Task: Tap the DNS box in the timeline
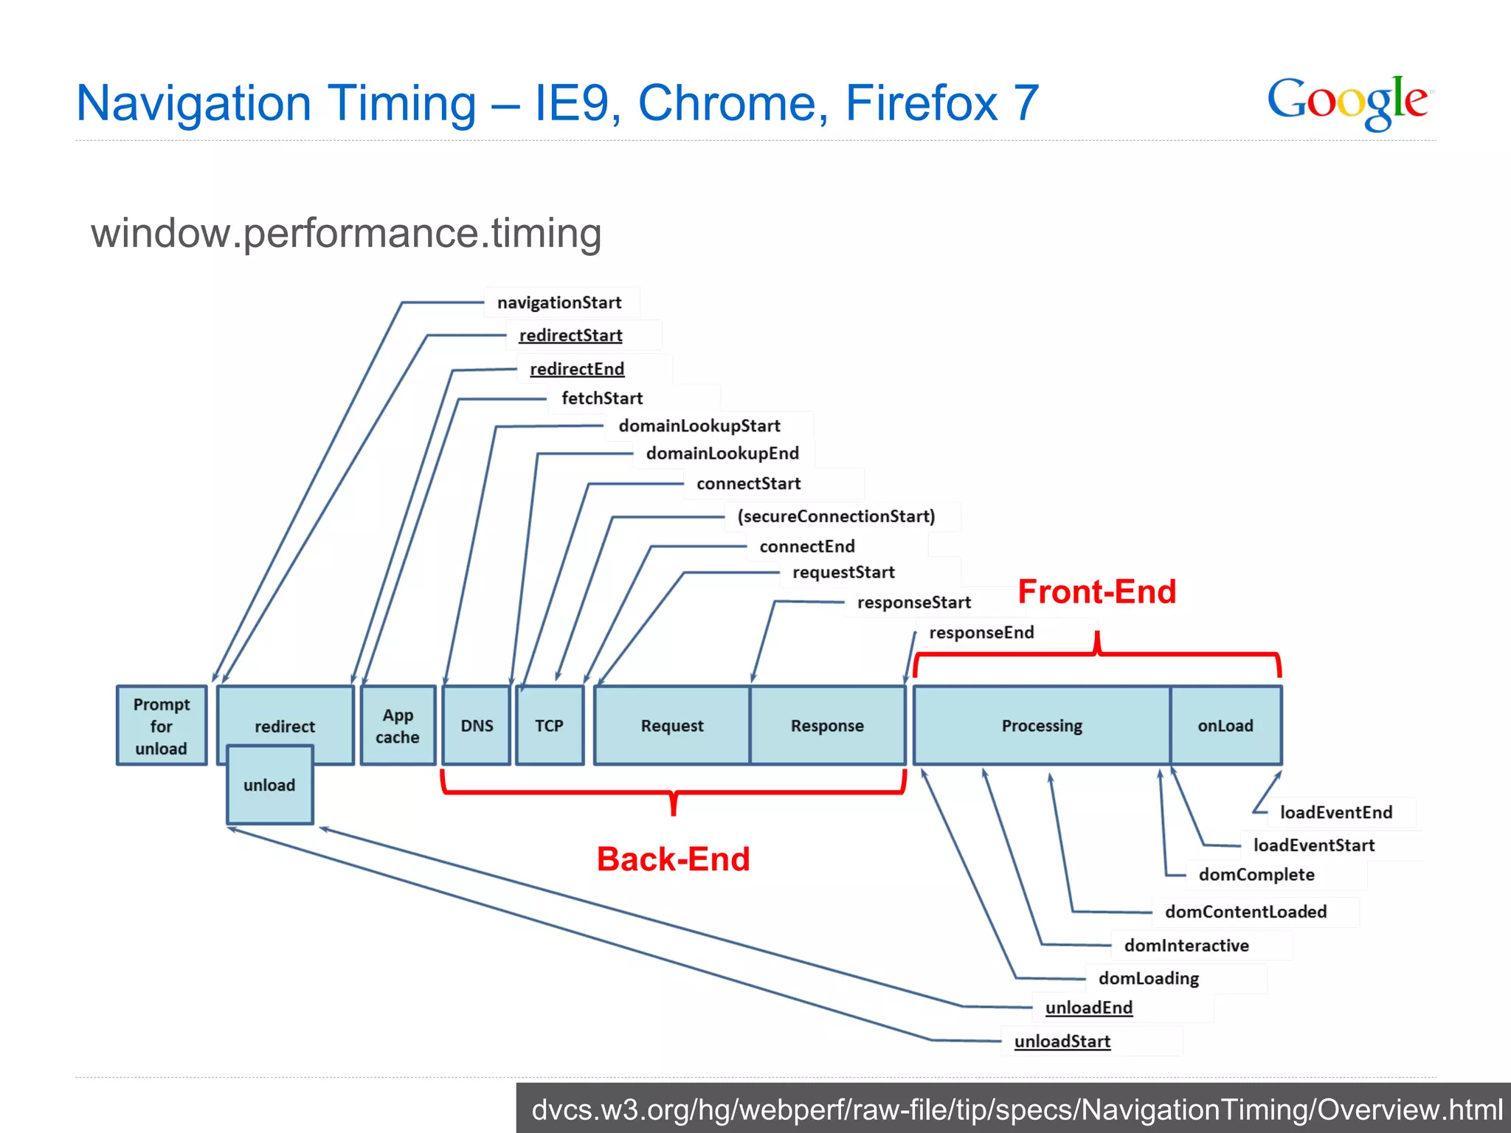pos(477,726)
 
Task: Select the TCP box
pos(550,726)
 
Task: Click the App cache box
pos(398,726)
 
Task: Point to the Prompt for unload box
pos(162,726)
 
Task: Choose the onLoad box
pos(1225,726)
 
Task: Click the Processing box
pos(1042,726)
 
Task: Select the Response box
pos(827,726)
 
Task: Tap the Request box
pos(672,726)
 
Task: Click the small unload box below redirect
pos(269,786)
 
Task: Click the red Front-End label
pos(1096,592)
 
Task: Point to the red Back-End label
pos(673,859)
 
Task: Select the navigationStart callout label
pos(559,302)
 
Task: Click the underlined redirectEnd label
pos(577,369)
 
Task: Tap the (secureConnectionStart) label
pos(836,516)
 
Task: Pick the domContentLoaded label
pos(1245,912)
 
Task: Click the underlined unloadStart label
pos(1062,1042)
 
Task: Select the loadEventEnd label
pos(1335,812)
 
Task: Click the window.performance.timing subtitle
pos(346,233)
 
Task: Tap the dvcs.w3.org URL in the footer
pos(1016,1109)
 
